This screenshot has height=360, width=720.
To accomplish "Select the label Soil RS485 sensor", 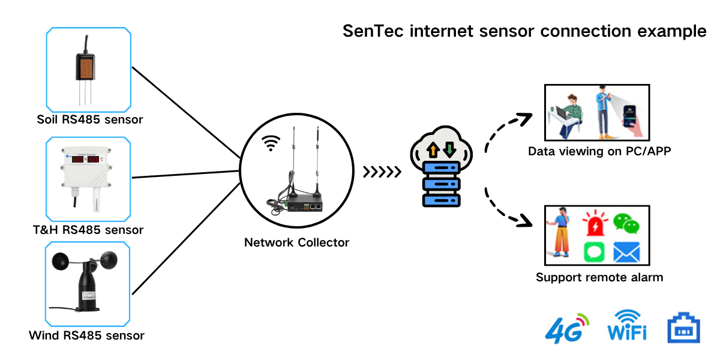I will (x=89, y=119).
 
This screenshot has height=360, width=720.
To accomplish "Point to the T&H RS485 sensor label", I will (x=88, y=230).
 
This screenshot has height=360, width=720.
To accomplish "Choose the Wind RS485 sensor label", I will (x=86, y=335).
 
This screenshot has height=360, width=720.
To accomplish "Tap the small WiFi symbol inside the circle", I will (x=272, y=143).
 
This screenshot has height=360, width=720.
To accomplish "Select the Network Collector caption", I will (x=296, y=242).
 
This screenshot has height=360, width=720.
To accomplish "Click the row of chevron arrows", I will (x=383, y=173).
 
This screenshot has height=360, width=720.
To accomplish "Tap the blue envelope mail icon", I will (x=626, y=253).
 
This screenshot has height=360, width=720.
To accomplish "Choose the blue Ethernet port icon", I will (x=683, y=328).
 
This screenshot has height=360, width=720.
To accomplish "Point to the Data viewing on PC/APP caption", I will (x=599, y=151).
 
